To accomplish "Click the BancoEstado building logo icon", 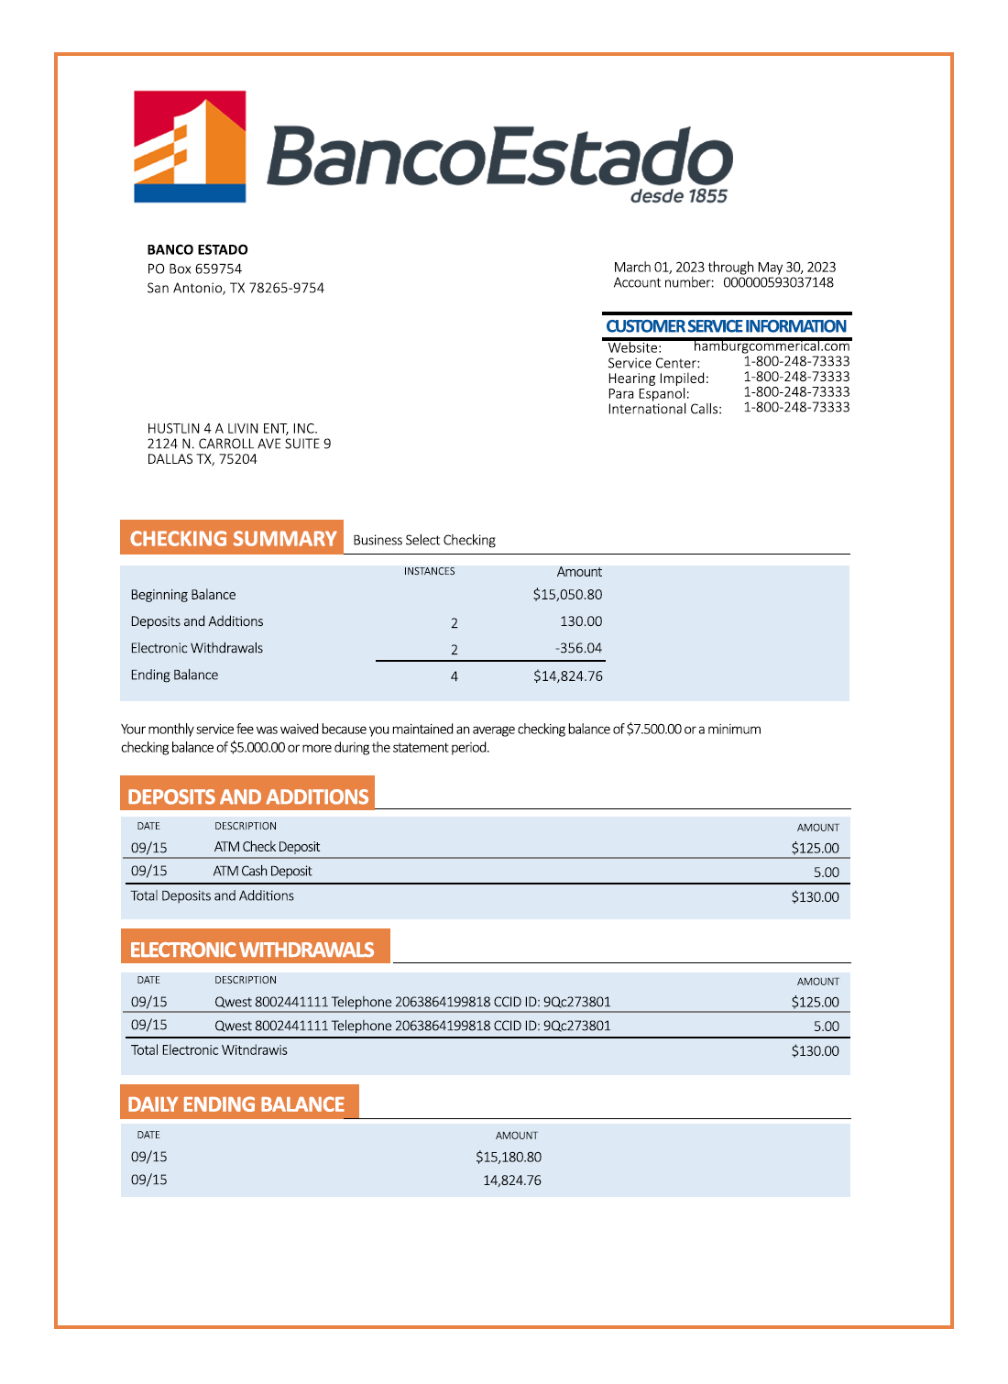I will (190, 147).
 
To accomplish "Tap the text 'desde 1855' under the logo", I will (678, 196).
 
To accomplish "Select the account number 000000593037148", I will (778, 283).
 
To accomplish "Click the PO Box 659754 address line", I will (194, 269).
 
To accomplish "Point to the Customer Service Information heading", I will (726, 326).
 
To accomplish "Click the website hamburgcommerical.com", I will (771, 346).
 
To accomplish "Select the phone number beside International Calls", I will (795, 407).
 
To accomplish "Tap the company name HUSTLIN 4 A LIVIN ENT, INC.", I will (232, 428).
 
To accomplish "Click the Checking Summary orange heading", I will (233, 538).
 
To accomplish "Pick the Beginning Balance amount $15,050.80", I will (567, 595).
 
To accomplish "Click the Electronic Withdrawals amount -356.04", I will (578, 648).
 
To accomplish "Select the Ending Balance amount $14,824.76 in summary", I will (567, 676).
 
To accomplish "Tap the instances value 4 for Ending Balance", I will (454, 676).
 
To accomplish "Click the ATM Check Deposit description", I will (267, 847).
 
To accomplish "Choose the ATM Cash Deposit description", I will (262, 871).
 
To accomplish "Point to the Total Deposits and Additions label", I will (212, 895).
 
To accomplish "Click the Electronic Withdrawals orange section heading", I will (252, 950).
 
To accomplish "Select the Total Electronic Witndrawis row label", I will (209, 1050).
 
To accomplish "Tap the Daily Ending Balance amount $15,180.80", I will (508, 1158).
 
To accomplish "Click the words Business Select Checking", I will (423, 540).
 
